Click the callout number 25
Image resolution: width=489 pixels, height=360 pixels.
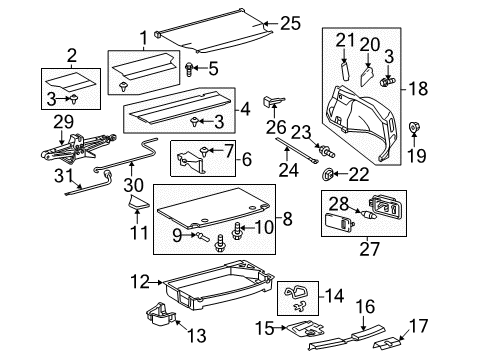coord(290,22)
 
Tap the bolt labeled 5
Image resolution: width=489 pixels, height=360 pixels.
coord(189,68)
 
